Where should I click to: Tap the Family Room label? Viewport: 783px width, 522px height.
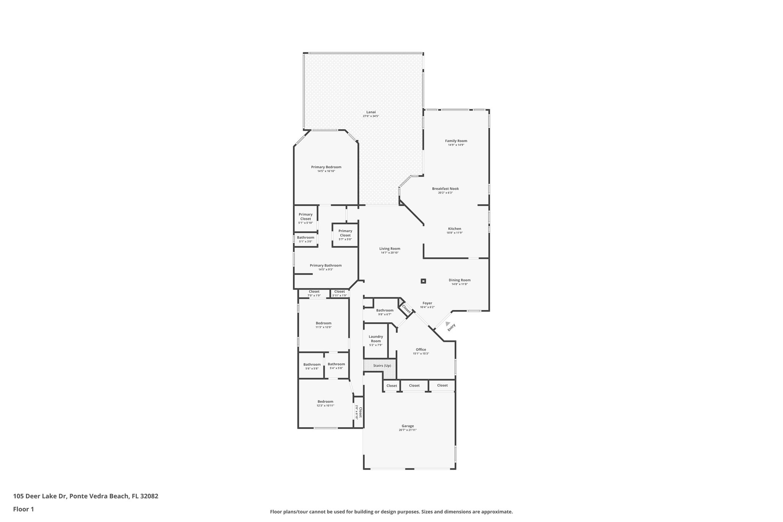(x=456, y=141)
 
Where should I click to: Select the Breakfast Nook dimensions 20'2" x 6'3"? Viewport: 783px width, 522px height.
(x=445, y=193)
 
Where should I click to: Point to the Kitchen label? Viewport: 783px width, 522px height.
(x=455, y=229)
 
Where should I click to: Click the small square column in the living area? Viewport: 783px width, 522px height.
(x=423, y=281)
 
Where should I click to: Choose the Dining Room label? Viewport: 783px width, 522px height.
(x=459, y=280)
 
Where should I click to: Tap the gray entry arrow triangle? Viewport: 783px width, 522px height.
(x=448, y=324)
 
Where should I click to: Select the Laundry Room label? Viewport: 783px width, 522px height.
(x=375, y=339)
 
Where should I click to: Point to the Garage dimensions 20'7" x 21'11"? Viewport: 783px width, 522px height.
(x=407, y=430)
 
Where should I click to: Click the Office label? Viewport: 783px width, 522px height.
(x=421, y=349)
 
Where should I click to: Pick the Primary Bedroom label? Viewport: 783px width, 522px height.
(x=326, y=167)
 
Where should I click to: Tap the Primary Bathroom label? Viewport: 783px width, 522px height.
(x=325, y=265)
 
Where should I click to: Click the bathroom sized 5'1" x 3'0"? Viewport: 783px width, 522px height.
(x=305, y=239)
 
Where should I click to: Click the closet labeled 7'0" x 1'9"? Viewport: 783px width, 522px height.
(x=314, y=293)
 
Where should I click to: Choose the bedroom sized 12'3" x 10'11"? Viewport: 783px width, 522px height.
(x=325, y=403)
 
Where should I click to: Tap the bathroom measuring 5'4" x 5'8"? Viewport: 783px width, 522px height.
(x=336, y=366)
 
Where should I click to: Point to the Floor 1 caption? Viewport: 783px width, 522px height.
(x=24, y=509)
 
